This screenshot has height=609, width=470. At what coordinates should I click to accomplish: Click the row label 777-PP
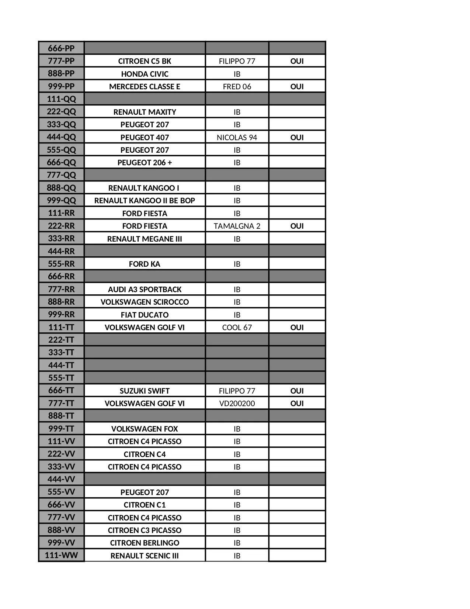61,61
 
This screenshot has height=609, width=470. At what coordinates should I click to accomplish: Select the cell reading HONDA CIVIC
145,74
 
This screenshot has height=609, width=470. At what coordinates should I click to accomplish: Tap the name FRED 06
237,86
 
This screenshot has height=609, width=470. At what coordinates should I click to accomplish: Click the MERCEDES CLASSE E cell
145,86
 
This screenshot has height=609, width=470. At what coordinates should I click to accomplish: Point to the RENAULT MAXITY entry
145,112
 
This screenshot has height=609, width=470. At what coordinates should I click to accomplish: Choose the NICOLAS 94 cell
237,137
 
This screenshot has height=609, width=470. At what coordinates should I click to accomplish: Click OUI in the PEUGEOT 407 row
297,137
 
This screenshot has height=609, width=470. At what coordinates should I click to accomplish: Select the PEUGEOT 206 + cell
145,162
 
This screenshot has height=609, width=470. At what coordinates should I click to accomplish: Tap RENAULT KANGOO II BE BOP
145,200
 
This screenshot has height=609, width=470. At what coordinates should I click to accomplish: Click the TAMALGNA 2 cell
237,226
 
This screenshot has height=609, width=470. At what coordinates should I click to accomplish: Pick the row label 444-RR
61,251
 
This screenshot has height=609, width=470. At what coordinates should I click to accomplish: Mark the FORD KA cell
145,264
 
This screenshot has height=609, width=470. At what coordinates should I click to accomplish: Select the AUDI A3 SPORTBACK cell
145,289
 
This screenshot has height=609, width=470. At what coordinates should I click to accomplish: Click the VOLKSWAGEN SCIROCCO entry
145,302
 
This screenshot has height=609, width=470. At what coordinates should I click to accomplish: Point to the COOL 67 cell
237,327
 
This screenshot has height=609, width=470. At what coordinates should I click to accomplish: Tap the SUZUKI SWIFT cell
145,391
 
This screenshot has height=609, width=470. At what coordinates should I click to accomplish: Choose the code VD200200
237,403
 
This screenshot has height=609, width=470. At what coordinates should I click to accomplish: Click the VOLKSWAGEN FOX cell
145,429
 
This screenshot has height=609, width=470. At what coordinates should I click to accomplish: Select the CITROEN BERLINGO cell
145,543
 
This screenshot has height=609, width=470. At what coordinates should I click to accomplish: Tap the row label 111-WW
61,555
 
